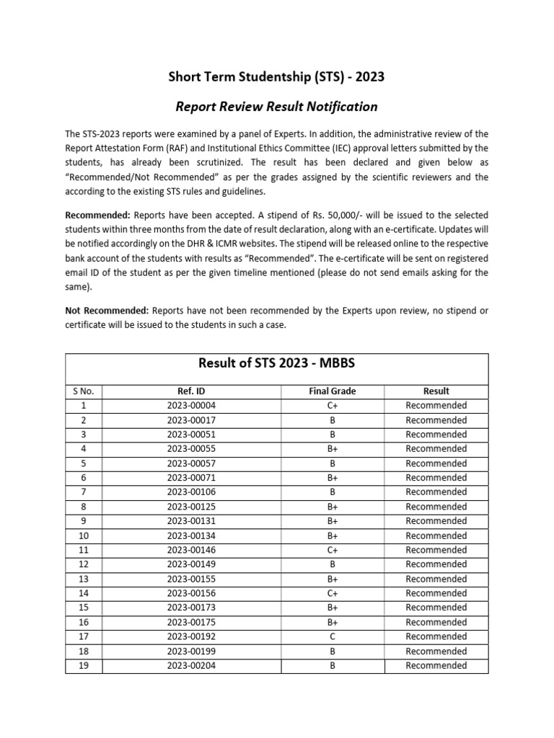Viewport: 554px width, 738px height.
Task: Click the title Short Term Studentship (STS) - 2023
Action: (277, 77)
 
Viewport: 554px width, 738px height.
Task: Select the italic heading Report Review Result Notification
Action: (277, 107)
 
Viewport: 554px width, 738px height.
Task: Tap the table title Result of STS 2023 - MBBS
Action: (277, 363)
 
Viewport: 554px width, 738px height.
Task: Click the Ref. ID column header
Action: (190, 391)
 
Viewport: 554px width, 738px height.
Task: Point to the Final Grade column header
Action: (332, 391)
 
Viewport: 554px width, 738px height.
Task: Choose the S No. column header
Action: (84, 391)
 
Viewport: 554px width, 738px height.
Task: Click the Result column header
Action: (436, 391)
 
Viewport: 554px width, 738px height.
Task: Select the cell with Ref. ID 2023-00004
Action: (190, 406)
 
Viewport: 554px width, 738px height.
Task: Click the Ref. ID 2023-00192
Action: (190, 637)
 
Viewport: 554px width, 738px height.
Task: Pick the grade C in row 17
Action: (332, 637)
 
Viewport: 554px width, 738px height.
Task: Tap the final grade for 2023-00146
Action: (332, 550)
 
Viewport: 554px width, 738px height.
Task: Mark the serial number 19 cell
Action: (84, 666)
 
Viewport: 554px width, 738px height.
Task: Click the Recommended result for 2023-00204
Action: (436, 666)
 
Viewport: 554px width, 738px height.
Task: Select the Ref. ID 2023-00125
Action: (190, 507)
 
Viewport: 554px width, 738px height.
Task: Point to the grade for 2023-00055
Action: (332, 449)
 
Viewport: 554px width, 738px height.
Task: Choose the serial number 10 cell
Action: (84, 535)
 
